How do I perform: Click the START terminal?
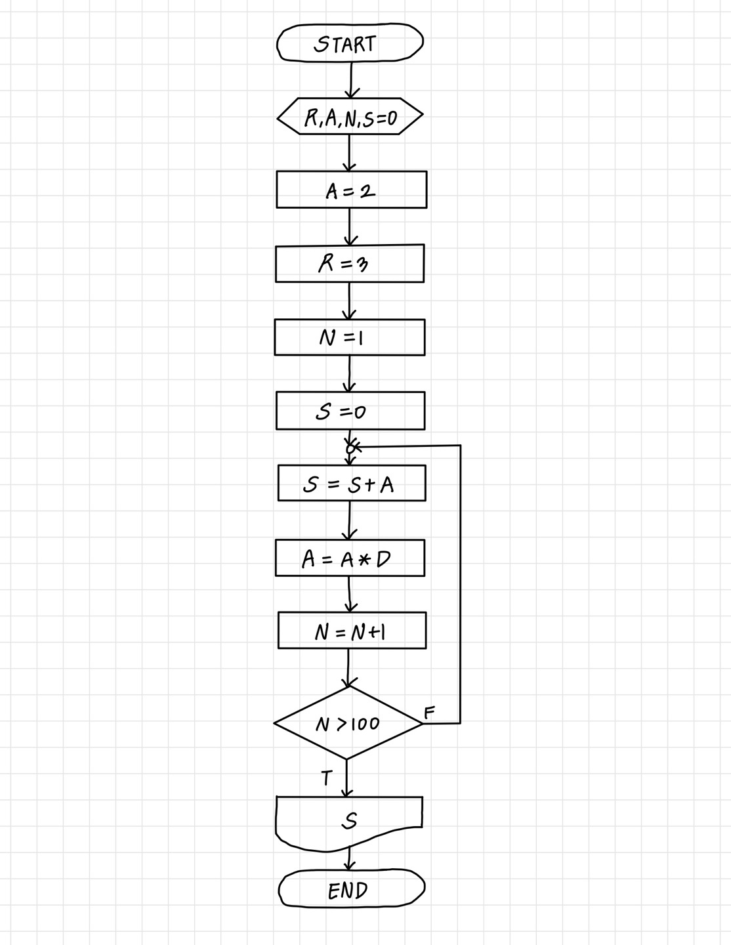350,43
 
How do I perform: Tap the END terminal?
351,889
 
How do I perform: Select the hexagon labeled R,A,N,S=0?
350,117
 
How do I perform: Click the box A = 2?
351,190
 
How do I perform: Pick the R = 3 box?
350,264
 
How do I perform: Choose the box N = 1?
350,337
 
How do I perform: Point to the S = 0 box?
350,411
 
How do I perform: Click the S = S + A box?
351,484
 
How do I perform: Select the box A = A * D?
350,558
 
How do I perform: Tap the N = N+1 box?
352,631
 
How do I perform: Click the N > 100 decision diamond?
348,723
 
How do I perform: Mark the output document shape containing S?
349,820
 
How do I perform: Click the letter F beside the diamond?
429,713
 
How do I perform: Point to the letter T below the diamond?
327,779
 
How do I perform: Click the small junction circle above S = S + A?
350,448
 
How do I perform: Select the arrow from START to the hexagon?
351,80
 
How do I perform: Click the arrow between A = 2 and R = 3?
349,227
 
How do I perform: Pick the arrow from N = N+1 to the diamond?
348,667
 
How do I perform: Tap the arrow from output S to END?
349,859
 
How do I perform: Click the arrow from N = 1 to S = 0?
349,374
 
